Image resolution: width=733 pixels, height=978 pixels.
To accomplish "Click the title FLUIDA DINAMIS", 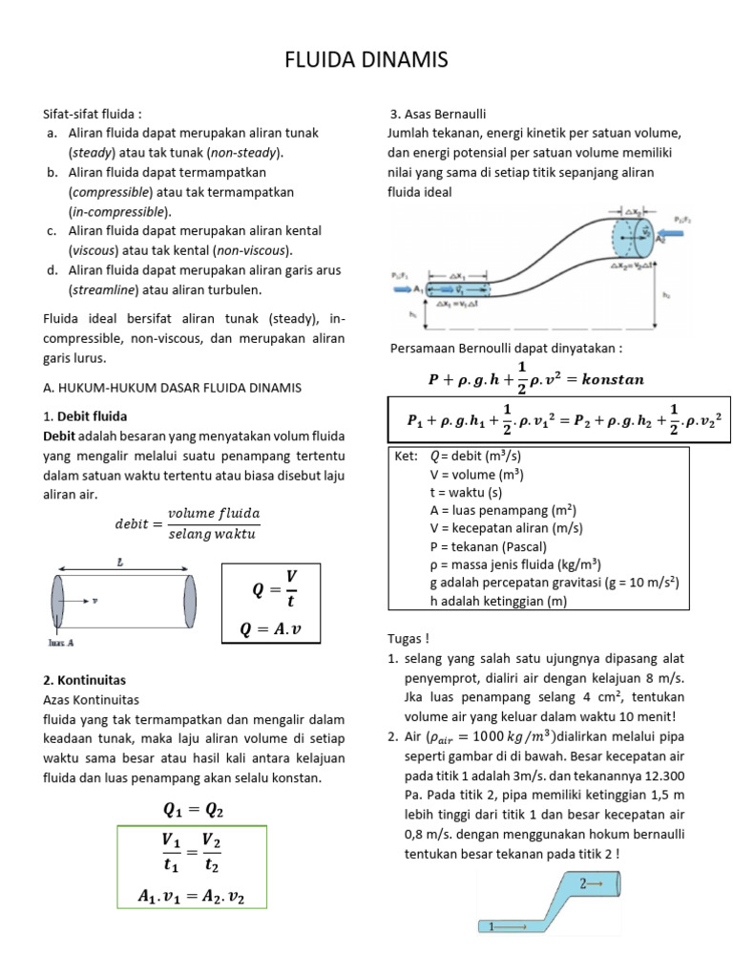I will click(366, 62).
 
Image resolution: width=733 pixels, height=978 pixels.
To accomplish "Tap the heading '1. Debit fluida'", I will click(86, 416).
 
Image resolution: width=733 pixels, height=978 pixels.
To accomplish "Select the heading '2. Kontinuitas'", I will click(84, 680).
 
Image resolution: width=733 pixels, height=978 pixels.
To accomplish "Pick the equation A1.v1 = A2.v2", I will click(193, 896).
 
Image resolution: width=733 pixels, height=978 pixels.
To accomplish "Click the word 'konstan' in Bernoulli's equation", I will click(608, 379).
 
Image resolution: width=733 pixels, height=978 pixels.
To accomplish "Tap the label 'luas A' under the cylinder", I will click(61, 643).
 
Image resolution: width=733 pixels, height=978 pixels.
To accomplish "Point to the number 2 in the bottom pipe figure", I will click(583, 885).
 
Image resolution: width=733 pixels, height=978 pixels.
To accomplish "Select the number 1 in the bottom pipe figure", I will click(492, 925).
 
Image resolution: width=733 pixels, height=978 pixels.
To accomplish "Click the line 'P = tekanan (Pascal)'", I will click(488, 546).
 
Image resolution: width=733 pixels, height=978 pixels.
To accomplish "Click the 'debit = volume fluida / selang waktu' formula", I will click(187, 523).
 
